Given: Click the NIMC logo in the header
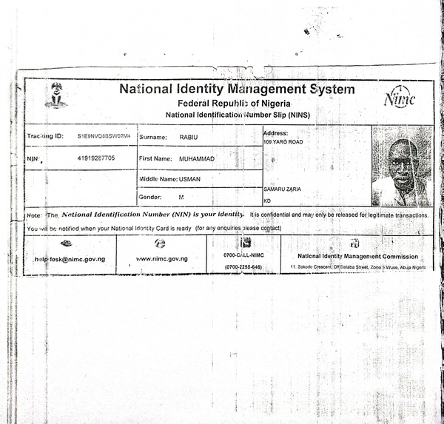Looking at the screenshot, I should (400, 99).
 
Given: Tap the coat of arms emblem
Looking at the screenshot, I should (55, 95).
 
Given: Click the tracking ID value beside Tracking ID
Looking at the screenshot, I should (103, 137).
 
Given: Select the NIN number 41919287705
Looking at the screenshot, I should (95, 158).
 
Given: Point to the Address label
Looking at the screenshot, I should (275, 133).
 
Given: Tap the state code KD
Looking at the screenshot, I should (268, 201).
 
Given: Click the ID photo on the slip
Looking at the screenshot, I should (401, 165).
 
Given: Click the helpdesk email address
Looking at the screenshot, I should (70, 260).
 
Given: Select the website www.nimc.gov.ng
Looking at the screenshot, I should (161, 260).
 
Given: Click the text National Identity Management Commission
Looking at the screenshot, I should (358, 256).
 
